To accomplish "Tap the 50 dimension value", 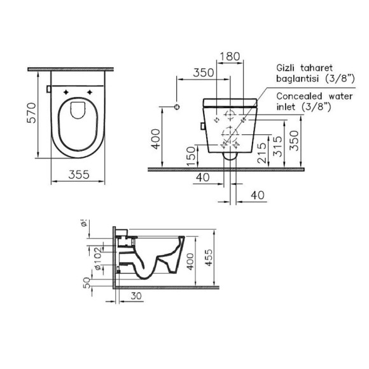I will [87, 282].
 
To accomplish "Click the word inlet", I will [288, 108].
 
